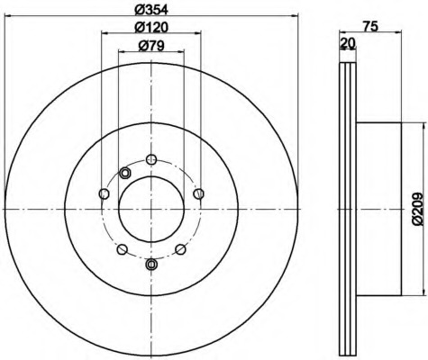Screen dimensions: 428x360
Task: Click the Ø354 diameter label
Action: click(150, 10)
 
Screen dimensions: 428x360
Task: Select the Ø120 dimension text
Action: click(150, 27)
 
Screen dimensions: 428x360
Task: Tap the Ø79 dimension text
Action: click(151, 46)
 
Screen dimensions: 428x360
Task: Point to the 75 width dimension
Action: click(370, 27)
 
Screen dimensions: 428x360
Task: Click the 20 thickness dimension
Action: click(348, 44)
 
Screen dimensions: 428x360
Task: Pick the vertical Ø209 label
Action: click(417, 209)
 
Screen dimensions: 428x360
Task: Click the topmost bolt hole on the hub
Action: click(151, 159)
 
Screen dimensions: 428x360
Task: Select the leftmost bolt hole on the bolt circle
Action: click(104, 193)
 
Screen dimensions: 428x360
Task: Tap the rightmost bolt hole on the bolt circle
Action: click(198, 193)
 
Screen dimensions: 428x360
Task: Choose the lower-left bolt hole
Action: click(122, 249)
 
